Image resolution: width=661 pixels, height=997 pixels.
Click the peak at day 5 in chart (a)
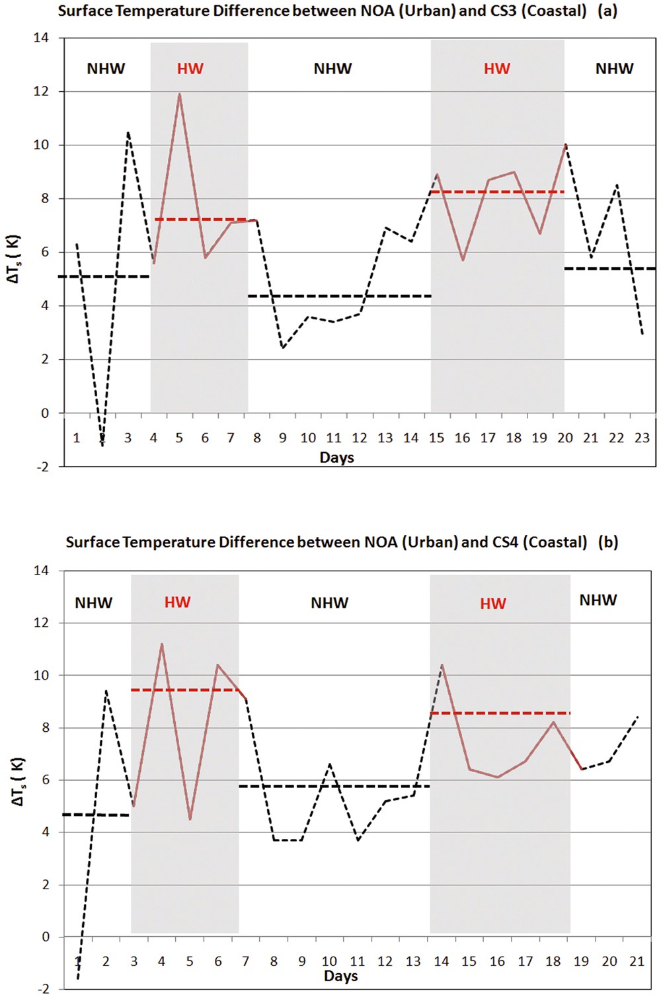click(x=179, y=94)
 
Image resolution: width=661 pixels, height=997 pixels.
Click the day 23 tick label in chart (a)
click(x=642, y=438)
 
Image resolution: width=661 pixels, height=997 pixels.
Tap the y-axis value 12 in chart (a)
click(x=41, y=91)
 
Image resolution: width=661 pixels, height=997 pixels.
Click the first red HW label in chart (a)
click(x=190, y=69)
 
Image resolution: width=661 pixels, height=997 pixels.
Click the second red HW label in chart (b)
click(x=493, y=604)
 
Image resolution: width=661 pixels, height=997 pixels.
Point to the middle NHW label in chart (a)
click(x=332, y=69)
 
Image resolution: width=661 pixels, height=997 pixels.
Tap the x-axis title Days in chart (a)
click(x=336, y=458)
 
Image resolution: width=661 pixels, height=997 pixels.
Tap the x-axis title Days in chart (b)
click(x=340, y=976)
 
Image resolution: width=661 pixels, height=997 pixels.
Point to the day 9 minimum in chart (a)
click(x=283, y=348)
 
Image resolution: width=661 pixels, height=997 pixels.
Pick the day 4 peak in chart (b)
click(x=161, y=644)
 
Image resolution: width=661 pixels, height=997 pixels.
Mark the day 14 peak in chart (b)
click(x=442, y=665)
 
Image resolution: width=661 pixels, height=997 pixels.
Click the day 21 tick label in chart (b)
click(x=637, y=961)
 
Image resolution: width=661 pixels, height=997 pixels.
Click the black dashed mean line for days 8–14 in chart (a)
click(x=339, y=296)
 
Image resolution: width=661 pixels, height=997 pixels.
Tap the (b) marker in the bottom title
click(x=607, y=542)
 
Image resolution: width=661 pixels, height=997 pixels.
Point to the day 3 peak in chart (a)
click(x=128, y=132)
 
